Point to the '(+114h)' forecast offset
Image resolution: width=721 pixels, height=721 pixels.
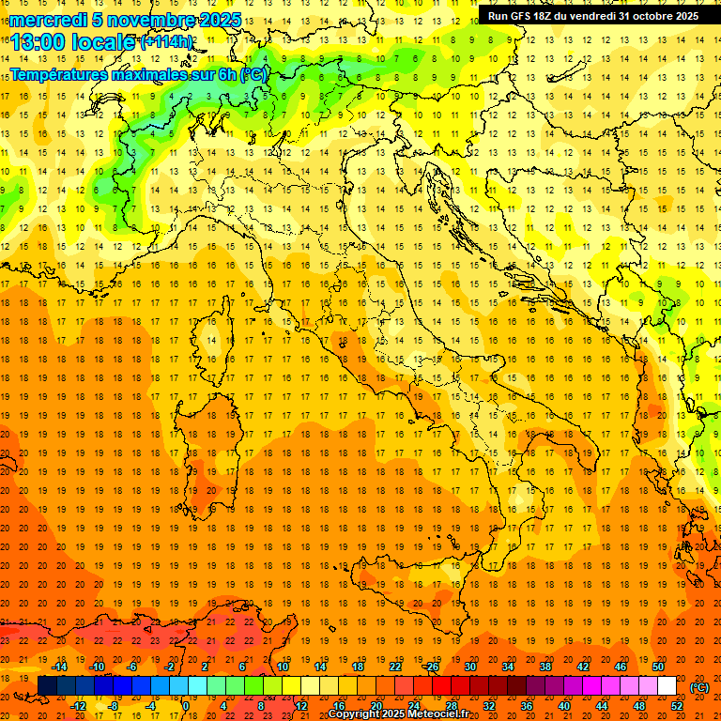pos(168,42)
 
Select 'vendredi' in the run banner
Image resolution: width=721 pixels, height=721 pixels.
pos(593,15)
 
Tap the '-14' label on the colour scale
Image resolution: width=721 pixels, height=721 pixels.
pos(60,667)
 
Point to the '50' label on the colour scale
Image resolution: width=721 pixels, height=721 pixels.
pos(658,667)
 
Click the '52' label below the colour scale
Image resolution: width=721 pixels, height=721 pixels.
pos(677,705)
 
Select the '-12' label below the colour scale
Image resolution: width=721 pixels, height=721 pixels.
pos(79,705)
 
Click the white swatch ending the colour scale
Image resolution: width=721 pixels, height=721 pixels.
pos(667,686)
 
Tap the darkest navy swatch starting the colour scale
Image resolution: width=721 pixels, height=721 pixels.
pos(47,686)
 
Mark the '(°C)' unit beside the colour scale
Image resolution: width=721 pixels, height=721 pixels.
pos(699,686)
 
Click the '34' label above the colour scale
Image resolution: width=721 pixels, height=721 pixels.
pos(508,667)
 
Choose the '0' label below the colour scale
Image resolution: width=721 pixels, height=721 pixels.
pos(186,705)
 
